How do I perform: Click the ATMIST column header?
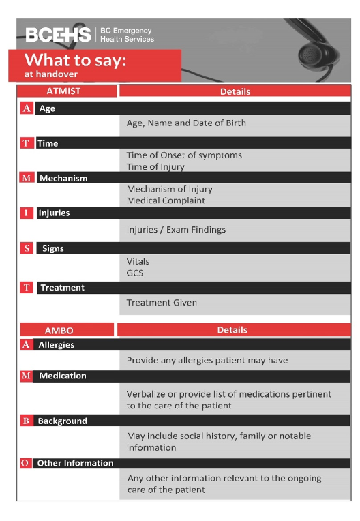pos(67,91)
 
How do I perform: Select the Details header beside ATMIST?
pos(235,91)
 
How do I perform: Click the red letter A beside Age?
pos(27,108)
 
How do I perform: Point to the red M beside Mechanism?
pos(27,178)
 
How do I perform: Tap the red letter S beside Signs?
pos(27,248)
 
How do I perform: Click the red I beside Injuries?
pos(26,213)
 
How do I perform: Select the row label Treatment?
pos(62,288)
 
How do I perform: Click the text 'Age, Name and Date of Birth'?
pos(186,123)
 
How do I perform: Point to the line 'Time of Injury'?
pos(155,166)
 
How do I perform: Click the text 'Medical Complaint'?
pos(166,200)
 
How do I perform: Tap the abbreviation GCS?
pos(135,273)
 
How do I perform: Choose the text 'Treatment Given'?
pos(162,303)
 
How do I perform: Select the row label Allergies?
pos(56,345)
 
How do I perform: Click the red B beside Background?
pos(26,421)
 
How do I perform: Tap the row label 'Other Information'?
pos(75,463)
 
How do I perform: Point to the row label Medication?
pos(62,376)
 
